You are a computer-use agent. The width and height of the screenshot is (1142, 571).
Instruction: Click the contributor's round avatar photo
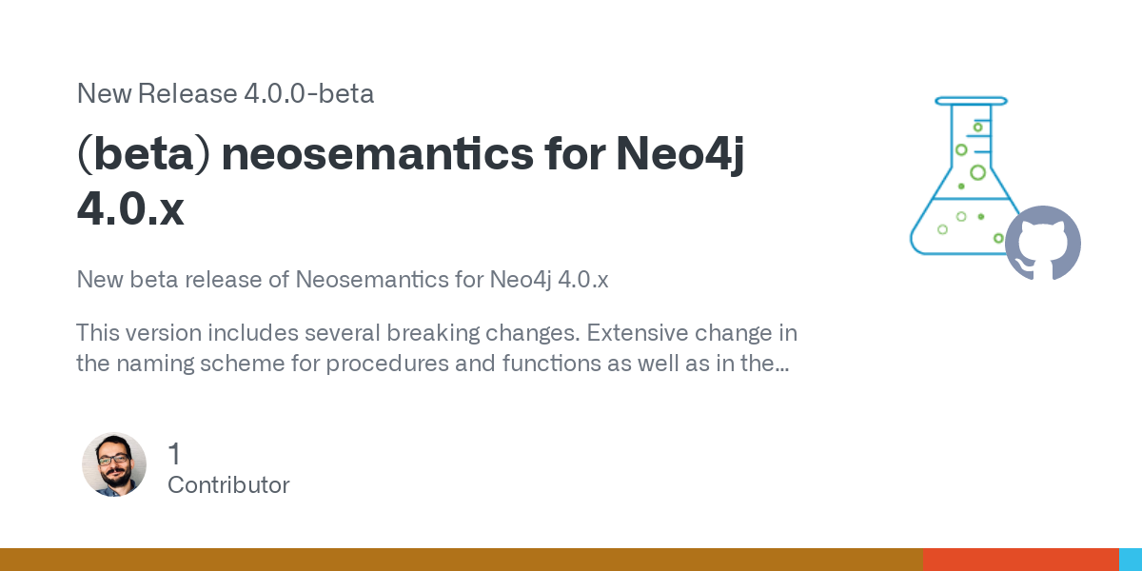(x=114, y=464)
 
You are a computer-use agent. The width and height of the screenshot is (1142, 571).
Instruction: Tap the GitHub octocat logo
(x=1043, y=244)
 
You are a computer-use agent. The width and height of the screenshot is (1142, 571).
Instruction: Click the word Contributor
(x=228, y=484)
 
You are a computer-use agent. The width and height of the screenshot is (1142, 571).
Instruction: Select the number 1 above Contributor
(x=174, y=453)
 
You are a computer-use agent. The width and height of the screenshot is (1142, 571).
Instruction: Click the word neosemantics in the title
(x=377, y=153)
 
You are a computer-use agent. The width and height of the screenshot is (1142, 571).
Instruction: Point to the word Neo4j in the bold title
(x=680, y=155)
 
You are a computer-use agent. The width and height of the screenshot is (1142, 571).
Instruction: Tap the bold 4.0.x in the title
(x=130, y=208)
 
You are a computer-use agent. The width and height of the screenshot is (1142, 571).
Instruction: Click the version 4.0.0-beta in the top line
(x=309, y=93)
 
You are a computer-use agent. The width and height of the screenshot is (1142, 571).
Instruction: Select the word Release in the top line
(x=187, y=93)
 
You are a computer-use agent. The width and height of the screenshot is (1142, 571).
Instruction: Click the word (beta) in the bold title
(x=144, y=154)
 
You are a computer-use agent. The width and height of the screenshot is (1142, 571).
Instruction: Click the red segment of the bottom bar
(x=1020, y=560)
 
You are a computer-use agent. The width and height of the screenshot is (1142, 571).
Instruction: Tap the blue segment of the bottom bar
(x=1131, y=560)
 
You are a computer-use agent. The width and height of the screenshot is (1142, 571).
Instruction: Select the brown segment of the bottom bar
(x=462, y=560)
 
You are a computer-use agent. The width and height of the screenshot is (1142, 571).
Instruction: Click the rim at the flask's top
(x=971, y=101)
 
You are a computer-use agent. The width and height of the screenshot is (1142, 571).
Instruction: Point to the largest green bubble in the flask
(x=977, y=173)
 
